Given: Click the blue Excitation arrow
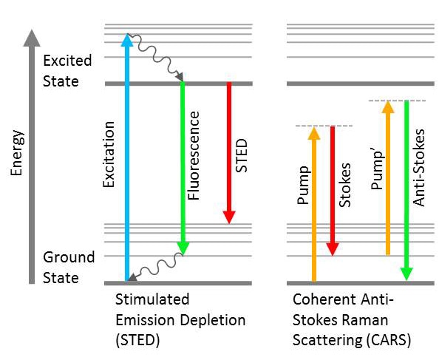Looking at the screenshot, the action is [127, 157].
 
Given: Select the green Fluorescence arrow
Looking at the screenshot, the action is [183, 169].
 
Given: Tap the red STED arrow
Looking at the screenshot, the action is [229, 153].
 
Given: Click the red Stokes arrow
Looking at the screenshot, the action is [333, 191].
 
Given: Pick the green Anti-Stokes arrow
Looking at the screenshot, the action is [406, 190].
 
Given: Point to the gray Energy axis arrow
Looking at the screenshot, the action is [32, 157].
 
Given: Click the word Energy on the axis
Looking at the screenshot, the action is [16, 153].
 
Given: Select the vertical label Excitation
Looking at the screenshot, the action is [109, 154].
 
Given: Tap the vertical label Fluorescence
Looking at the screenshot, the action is [194, 156].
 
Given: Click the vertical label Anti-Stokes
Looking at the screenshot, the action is [418, 168].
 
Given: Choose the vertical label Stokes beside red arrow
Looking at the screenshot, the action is [344, 185].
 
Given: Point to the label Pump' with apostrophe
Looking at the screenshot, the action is [378, 170].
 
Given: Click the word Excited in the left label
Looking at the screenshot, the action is [67, 61].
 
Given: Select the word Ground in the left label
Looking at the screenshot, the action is [69, 257].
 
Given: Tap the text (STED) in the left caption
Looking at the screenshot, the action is [137, 340].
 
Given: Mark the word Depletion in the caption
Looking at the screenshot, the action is [213, 320].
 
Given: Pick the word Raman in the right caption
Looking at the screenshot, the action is [370, 320].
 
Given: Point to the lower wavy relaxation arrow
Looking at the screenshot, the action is [156, 267].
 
